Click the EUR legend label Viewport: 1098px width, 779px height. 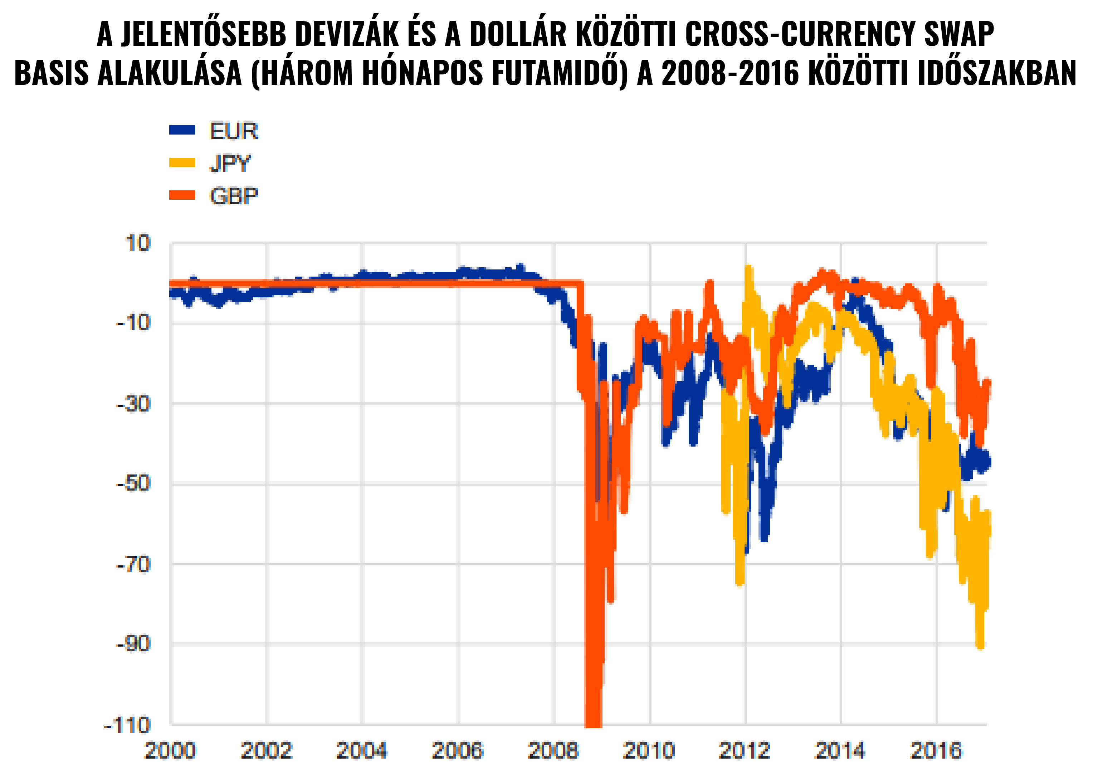coord(234,131)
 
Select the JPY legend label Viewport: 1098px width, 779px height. coord(230,164)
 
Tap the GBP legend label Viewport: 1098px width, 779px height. coord(234,196)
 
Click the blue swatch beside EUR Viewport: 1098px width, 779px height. coord(182,130)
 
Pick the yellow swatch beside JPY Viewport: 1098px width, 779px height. coord(182,162)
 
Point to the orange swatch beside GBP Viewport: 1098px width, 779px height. coord(182,195)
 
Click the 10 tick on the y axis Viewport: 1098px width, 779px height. coord(138,243)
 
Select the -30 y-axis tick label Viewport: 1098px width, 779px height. coord(133,404)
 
